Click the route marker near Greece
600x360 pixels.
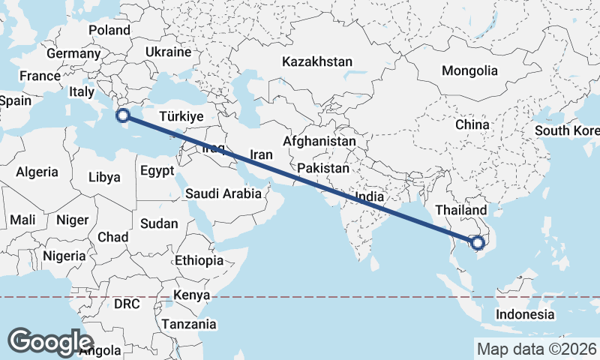pos(123,115)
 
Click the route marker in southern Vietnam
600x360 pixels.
pos(477,242)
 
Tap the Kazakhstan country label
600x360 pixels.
pos(317,61)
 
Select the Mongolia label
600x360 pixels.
pos(469,70)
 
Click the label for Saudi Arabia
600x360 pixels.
pos(223,193)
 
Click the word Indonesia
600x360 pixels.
pos(525,314)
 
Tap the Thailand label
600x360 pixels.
pos(460,210)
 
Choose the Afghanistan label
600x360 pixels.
pos(319,141)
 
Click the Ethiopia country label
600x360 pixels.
pos(199,261)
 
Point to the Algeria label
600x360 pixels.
pos(37,172)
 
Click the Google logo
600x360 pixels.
pos(51,341)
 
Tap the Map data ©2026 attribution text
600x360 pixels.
pos(537,349)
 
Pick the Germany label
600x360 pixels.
pos(73,54)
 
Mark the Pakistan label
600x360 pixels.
pos(324,168)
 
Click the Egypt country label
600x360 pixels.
pos(157,170)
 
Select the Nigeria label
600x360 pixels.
pos(64,256)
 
